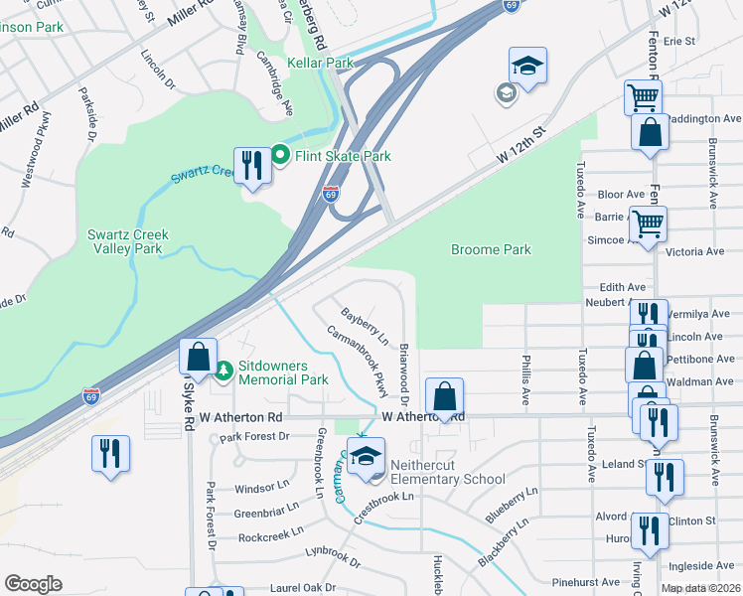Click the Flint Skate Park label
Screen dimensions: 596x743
[x=342, y=156]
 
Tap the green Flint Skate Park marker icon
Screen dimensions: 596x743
[x=280, y=156]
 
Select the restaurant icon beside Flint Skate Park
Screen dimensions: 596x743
[x=251, y=165]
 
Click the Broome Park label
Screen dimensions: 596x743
[x=491, y=250]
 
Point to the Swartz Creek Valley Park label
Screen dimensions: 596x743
[x=128, y=241]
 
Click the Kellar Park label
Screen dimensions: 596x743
[x=320, y=63]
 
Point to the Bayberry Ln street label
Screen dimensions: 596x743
[x=364, y=326]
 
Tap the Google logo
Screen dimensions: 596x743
[x=33, y=584]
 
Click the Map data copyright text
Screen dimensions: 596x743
[x=700, y=588]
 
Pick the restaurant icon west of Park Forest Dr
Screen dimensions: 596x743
[x=109, y=453]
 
